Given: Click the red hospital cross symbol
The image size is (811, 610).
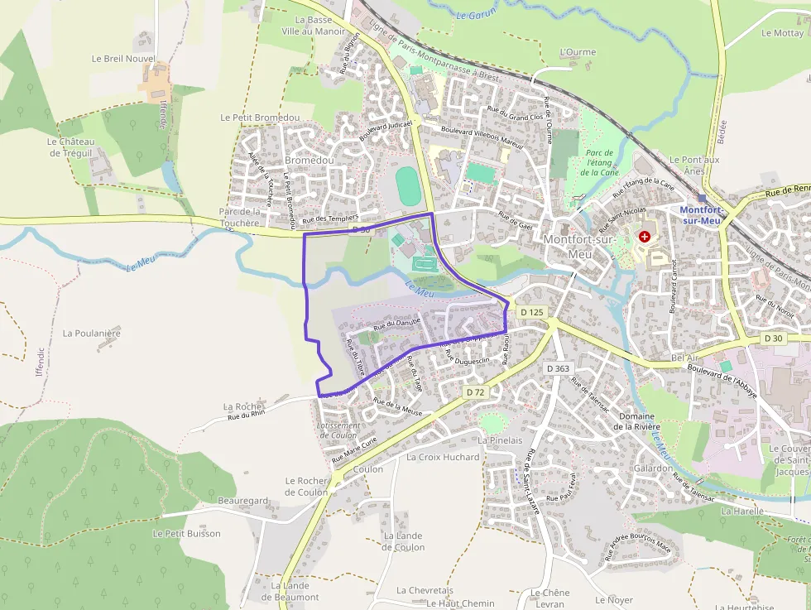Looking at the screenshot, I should (x=645, y=237).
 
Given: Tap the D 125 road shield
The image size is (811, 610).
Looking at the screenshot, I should (x=533, y=312).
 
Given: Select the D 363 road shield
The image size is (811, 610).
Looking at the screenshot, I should (x=559, y=368).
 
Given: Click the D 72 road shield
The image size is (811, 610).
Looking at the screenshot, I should (x=475, y=391).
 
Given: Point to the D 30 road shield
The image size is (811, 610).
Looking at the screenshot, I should (x=773, y=339).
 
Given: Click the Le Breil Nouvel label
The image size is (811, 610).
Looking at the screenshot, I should (x=123, y=60).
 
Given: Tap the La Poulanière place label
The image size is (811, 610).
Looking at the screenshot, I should (x=92, y=334).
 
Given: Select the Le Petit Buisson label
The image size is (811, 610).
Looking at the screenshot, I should (x=187, y=534).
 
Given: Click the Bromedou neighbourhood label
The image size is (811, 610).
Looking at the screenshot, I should (x=309, y=160).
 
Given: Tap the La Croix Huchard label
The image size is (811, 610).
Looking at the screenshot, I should (x=443, y=457).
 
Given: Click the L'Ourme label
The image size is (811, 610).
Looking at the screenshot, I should (x=578, y=52).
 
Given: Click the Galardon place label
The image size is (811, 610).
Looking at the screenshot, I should (x=654, y=468).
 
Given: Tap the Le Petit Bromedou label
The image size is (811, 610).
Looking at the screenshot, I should (x=260, y=118).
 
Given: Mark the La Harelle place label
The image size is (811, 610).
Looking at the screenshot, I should (x=742, y=512).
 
